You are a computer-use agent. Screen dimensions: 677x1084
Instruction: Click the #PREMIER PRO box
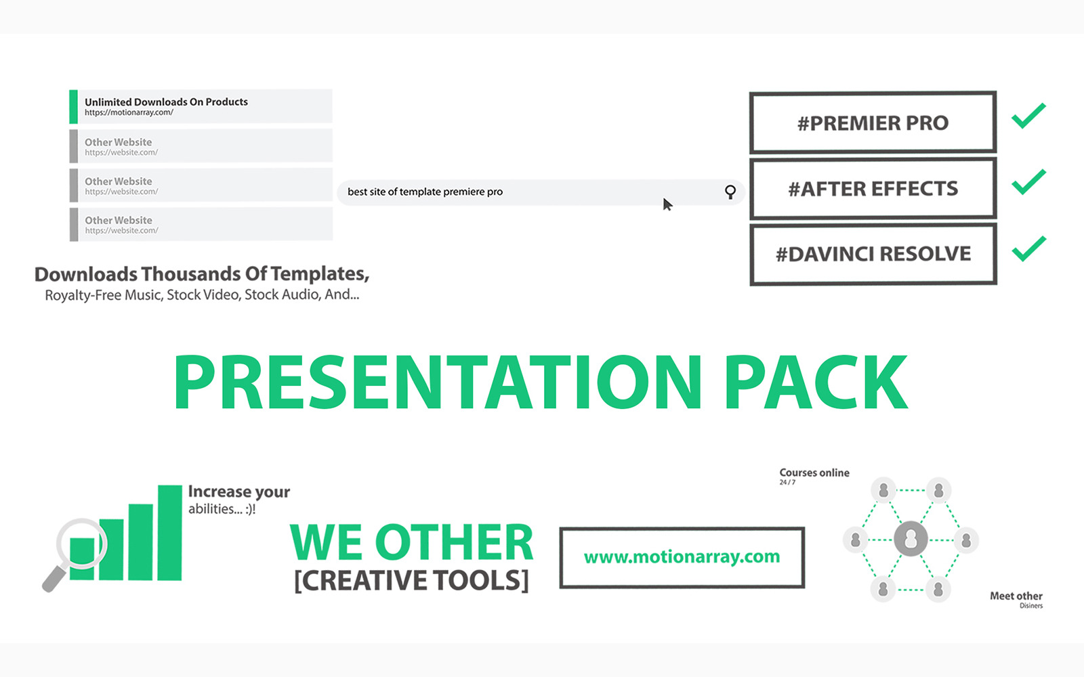click(873, 123)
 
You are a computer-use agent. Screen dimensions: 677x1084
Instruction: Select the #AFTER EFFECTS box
click(873, 188)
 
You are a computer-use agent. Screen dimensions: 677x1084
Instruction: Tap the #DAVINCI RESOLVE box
click(873, 254)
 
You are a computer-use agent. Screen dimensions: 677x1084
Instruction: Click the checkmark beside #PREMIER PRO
click(1028, 116)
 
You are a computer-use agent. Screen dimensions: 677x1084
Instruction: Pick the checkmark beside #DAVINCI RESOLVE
click(1028, 248)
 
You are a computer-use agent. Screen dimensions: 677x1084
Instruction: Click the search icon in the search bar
click(730, 192)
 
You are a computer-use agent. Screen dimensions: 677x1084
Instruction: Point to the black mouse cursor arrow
click(667, 204)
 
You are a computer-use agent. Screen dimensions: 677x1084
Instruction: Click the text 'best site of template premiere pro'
click(425, 192)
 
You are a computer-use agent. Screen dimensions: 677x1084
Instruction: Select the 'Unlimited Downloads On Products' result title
click(166, 102)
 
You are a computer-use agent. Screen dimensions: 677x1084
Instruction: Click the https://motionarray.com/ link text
click(129, 112)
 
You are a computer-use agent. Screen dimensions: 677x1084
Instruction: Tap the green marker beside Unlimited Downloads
click(73, 106)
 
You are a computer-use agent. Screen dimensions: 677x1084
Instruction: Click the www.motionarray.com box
click(682, 556)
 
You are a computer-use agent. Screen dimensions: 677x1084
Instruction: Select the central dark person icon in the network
click(911, 539)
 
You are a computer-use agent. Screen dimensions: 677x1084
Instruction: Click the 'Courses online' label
click(814, 473)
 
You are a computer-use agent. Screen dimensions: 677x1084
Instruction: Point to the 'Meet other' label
click(1016, 596)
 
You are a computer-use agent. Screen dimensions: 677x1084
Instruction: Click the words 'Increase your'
click(238, 492)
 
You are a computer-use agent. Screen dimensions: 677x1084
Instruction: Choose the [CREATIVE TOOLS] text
click(411, 580)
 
